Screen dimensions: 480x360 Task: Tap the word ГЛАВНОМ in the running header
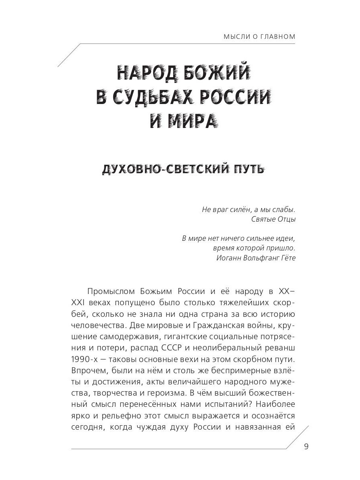[277, 37]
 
